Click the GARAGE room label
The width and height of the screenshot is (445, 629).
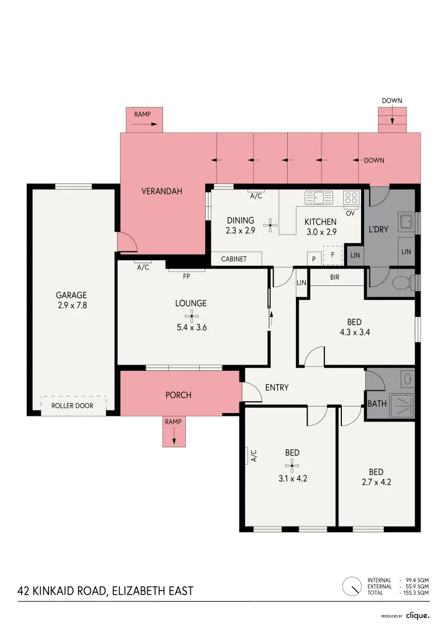pyautogui.click(x=72, y=295)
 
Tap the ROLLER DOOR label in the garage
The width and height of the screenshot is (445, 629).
pyautogui.click(x=72, y=406)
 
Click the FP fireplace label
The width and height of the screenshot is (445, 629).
pyautogui.click(x=186, y=277)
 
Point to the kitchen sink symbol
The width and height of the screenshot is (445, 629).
pyautogui.click(x=319, y=198)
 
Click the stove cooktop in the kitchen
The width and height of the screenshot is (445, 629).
pyautogui.click(x=351, y=197)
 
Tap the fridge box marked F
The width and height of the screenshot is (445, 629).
pyautogui.click(x=333, y=255)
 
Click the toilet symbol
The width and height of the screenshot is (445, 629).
pyautogui.click(x=402, y=283)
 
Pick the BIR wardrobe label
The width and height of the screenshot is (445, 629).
pyautogui.click(x=334, y=277)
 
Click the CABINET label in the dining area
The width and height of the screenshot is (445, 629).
pyautogui.click(x=234, y=259)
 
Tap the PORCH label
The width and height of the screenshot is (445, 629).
pyautogui.click(x=178, y=395)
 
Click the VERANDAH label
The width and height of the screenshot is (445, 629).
pyautogui.click(x=162, y=190)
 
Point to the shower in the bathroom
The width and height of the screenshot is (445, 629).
pyautogui.click(x=401, y=405)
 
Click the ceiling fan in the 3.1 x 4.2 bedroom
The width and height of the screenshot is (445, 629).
pyautogui.click(x=292, y=465)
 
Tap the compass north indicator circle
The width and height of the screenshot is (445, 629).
pyautogui.click(x=352, y=586)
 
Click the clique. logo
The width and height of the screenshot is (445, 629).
pyautogui.click(x=418, y=615)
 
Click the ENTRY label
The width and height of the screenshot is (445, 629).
pyautogui.click(x=277, y=387)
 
